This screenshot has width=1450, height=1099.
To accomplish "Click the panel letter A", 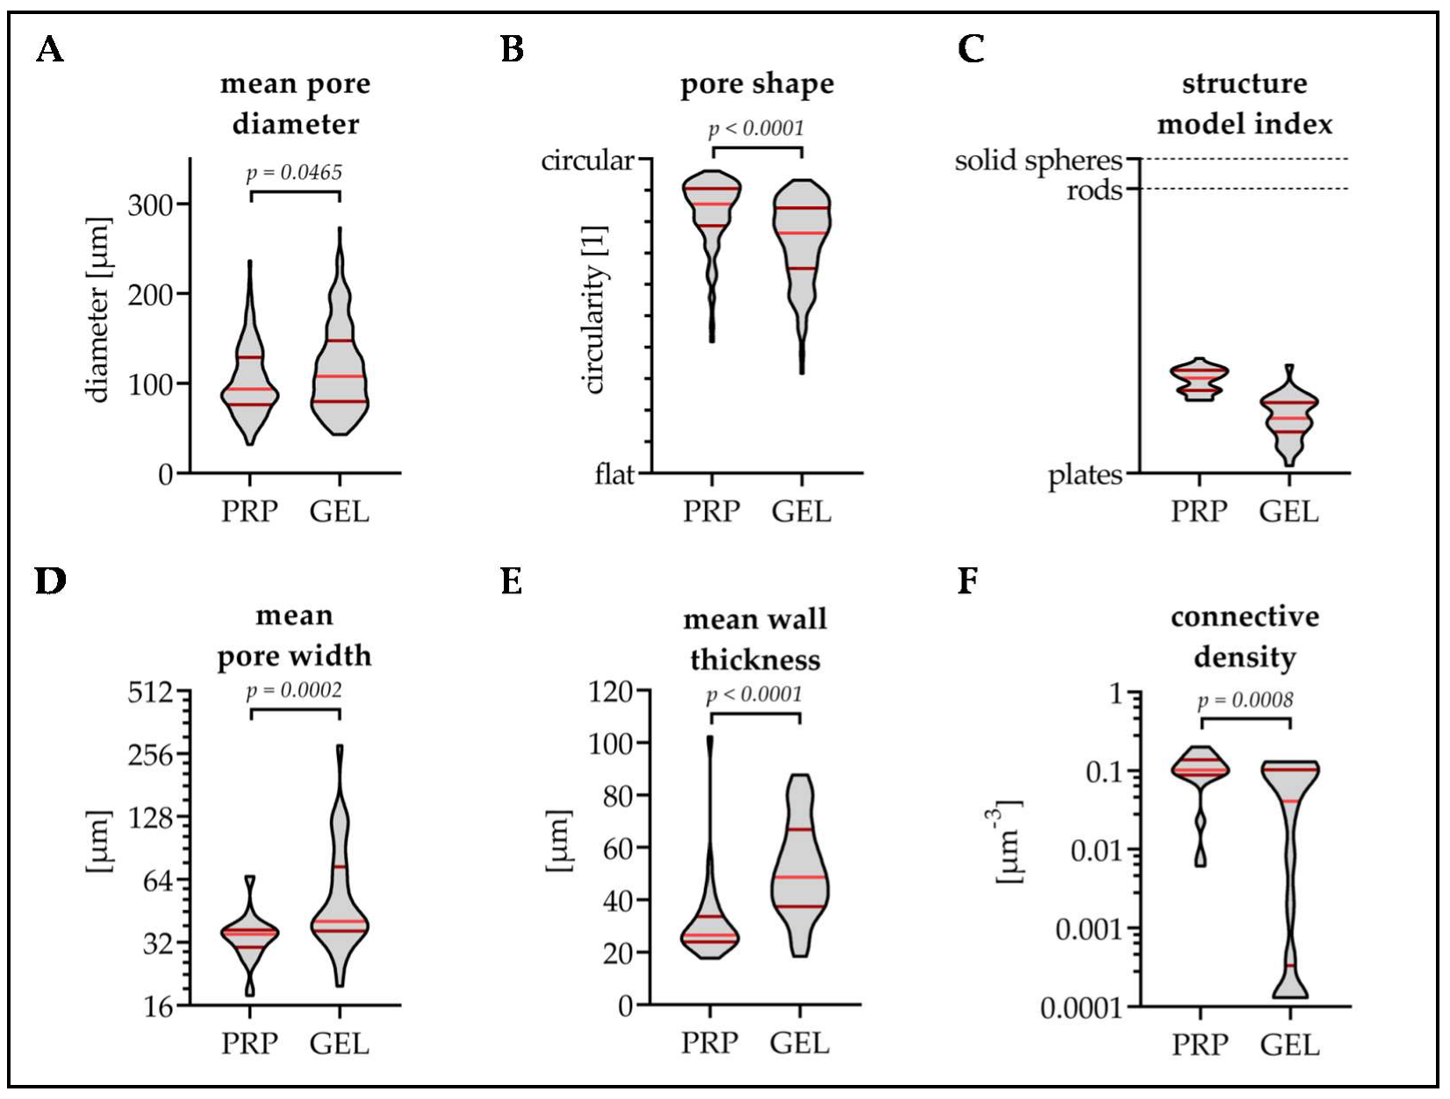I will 50,49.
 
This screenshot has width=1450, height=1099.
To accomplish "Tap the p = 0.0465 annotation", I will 294,172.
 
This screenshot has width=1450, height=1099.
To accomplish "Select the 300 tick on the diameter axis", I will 151,205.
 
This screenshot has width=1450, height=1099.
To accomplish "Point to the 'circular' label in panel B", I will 587,161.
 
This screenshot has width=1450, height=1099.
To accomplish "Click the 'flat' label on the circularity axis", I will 614,474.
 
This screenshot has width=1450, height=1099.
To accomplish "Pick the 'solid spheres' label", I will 1038,161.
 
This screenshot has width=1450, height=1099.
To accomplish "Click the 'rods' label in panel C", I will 1094,190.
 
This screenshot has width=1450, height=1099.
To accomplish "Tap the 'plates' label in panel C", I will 1085,475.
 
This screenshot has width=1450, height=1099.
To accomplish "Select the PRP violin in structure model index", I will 1199,380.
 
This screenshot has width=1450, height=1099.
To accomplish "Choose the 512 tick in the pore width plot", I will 151,693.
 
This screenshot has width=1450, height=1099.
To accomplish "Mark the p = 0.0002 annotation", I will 294,690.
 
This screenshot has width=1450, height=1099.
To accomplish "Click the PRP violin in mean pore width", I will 250,934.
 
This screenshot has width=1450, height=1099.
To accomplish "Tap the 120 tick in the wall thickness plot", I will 611,692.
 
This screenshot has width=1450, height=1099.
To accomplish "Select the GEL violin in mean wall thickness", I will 800,878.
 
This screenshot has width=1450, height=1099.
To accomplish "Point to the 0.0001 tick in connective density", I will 1081,1008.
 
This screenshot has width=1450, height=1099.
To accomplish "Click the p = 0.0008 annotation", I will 1245,700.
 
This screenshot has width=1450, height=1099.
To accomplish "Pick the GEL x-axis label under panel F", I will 1290,1045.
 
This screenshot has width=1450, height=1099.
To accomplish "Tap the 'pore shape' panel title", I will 757,84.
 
